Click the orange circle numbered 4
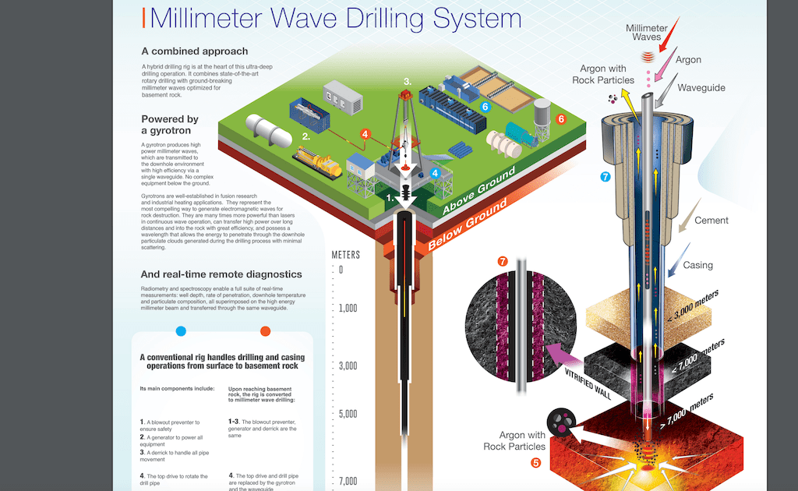pyautogui.click(x=364, y=134)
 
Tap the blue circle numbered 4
pyautogui.click(x=435, y=173)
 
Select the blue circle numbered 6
pyautogui.click(x=484, y=107)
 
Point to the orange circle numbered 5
pyautogui.click(x=535, y=462)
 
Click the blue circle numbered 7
pyautogui.click(x=605, y=177)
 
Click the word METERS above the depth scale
pyautogui.click(x=346, y=254)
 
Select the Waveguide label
pyautogui.click(x=701, y=88)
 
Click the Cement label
pyautogui.click(x=711, y=221)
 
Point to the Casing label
pyautogui.click(x=697, y=265)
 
